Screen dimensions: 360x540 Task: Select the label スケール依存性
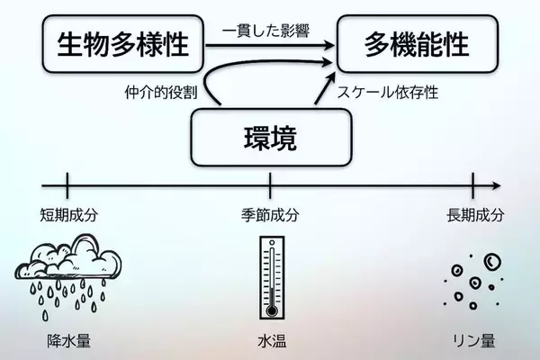(x=387, y=92)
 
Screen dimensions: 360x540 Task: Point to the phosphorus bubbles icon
(x=475, y=279)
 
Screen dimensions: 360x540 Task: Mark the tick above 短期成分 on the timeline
(x=67, y=186)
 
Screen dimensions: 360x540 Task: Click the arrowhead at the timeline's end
(x=496, y=186)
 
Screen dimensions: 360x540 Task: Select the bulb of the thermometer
(x=271, y=310)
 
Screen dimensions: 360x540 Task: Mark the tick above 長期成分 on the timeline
(x=473, y=186)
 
